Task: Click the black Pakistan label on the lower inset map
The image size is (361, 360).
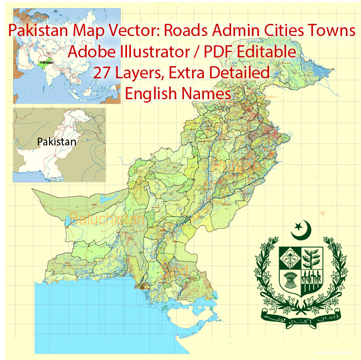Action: pyautogui.click(x=56, y=142)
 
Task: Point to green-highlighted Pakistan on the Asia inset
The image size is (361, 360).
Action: pyautogui.click(x=47, y=63)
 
